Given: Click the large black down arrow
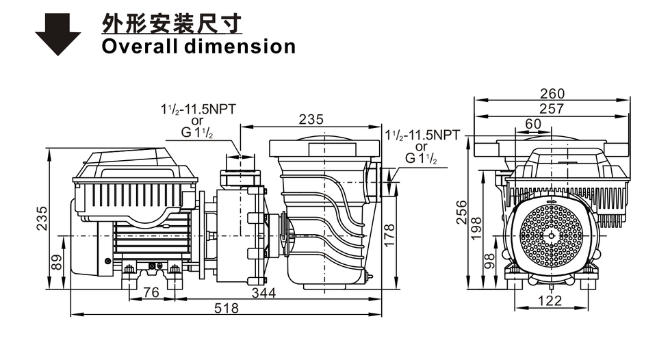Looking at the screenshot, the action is (57, 34).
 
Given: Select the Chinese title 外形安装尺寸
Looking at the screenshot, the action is (172, 23).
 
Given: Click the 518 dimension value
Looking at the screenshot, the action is (227, 309).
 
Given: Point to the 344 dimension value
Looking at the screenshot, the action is (263, 293).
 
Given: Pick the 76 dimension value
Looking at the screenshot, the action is (151, 292).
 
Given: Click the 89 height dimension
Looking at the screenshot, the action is (55, 262).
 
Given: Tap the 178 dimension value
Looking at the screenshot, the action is (389, 235).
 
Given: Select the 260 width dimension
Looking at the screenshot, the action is (552, 94).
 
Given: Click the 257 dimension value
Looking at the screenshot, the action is (552, 109).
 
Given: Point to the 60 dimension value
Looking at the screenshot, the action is (533, 124).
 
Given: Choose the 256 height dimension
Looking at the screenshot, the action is (461, 212).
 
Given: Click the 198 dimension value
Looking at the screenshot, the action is (476, 229).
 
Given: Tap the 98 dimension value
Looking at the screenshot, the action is (489, 261).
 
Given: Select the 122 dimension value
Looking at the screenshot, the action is (550, 300).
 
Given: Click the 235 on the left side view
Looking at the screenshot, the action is (42, 218).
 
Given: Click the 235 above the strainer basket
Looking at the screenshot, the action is (311, 120).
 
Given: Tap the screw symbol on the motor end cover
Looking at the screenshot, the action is (108, 261).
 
